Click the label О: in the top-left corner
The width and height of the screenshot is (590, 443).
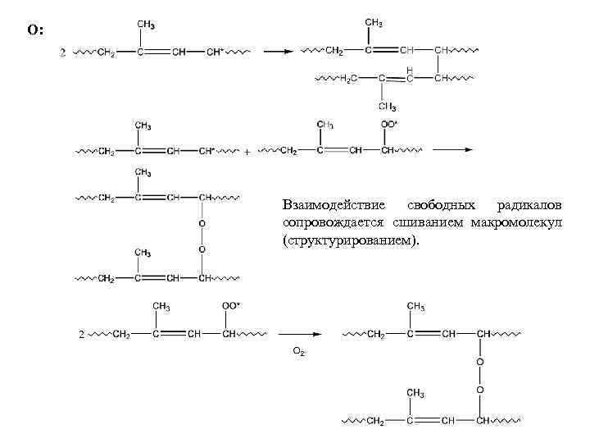click(36, 30)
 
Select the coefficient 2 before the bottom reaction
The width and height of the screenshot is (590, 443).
click(79, 335)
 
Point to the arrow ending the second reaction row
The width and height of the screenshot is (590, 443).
click(452, 151)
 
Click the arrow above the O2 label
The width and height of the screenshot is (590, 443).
click(299, 335)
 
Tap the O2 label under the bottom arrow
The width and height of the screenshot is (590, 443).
click(299, 351)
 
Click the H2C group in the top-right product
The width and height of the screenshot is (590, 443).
click(348, 79)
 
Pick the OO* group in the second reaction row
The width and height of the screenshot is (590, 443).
click(390, 125)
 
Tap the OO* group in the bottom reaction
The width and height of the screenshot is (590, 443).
click(230, 306)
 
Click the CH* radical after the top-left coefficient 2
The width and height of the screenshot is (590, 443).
click(215, 53)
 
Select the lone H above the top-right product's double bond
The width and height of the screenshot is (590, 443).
click(410, 69)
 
